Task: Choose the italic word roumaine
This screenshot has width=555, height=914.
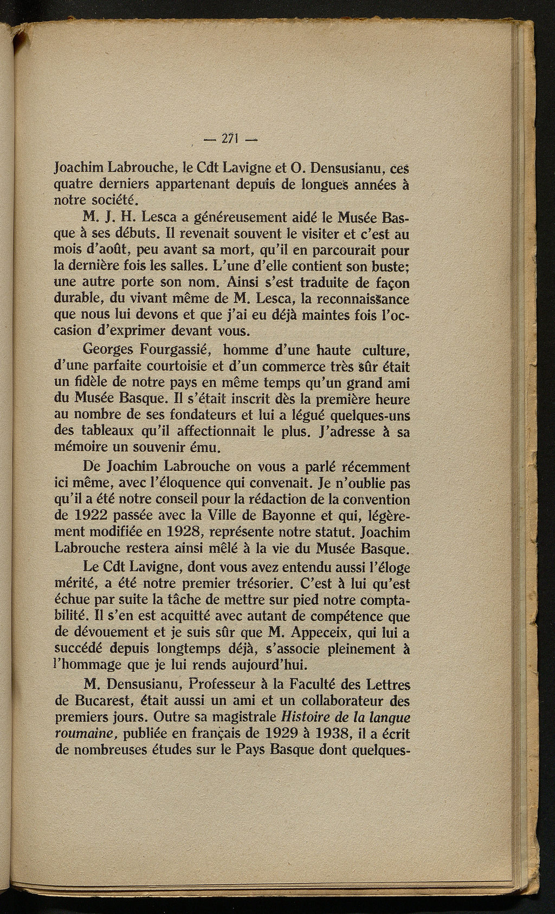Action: click(x=87, y=735)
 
